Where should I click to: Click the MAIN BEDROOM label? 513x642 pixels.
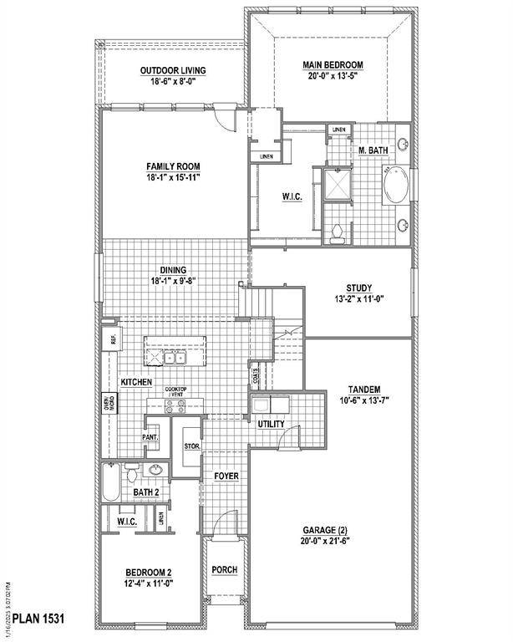tap(332, 64)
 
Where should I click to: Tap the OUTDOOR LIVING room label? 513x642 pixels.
tap(173, 70)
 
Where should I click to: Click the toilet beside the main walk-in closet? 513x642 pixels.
tap(337, 233)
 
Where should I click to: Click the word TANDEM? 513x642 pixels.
tap(364, 390)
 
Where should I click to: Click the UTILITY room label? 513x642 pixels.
tap(271, 425)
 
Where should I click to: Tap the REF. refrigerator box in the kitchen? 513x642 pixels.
tap(109, 339)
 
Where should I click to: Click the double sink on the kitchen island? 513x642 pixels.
tap(174, 358)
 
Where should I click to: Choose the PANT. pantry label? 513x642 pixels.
tap(150, 437)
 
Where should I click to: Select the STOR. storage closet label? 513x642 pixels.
tap(190, 446)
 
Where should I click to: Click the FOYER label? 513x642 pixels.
tap(225, 476)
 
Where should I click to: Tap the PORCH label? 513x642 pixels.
tap(224, 570)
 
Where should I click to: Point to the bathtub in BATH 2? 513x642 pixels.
tap(111, 482)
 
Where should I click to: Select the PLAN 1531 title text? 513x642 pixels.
tap(38, 619)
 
